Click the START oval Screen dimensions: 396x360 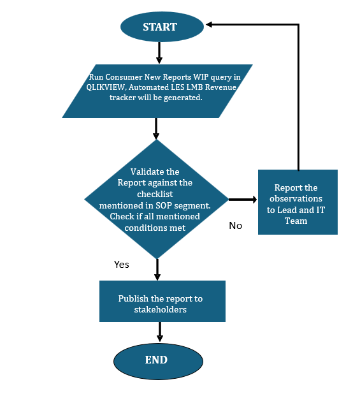coord(159,27)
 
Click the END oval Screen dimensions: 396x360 coord(156,360)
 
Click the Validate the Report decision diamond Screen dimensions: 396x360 coord(156,199)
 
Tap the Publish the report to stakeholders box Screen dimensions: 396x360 coord(162,304)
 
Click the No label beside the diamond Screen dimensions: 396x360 coord(235,225)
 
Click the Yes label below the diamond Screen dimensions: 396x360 coord(121,264)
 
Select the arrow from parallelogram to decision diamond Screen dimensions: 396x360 coord(155,128)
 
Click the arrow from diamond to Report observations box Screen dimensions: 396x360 coord(242,200)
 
